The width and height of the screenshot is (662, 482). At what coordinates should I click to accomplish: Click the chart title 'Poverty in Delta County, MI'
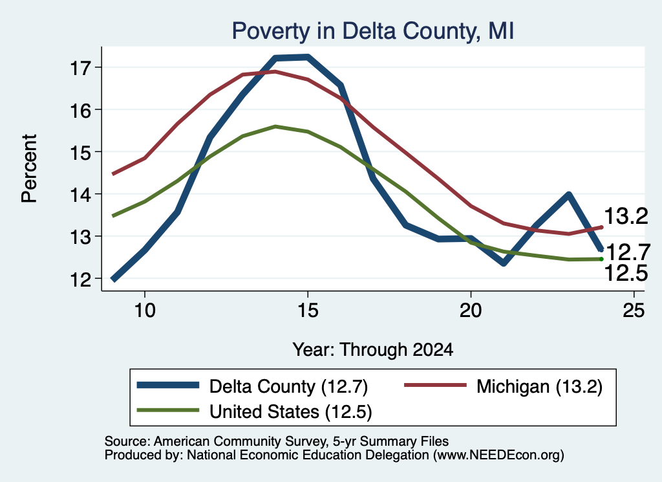(x=373, y=31)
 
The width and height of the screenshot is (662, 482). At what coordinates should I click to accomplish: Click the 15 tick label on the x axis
(x=308, y=311)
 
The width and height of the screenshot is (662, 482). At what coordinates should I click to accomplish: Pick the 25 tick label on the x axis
(x=634, y=311)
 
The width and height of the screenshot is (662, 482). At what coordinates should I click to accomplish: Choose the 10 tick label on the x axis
(x=145, y=311)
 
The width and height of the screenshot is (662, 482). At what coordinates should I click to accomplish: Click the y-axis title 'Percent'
(x=29, y=169)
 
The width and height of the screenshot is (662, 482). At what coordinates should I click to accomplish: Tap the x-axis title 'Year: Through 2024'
(x=373, y=350)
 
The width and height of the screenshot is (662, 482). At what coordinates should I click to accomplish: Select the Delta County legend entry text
(x=289, y=386)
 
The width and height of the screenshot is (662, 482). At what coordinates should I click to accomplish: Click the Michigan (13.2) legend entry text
(x=540, y=386)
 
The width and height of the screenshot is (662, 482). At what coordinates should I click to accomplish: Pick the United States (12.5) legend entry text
(x=291, y=412)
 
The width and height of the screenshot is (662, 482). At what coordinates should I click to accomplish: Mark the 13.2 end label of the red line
(x=626, y=216)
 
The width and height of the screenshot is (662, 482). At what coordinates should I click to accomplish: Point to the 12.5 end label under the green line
(x=626, y=273)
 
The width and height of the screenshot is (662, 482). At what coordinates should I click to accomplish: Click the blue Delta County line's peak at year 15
(x=308, y=57)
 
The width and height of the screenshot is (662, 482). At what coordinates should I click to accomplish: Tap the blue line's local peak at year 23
(x=568, y=194)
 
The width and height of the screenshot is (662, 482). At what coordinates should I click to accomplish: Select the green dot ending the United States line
(x=601, y=259)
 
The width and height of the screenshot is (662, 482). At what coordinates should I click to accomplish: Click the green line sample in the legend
(x=167, y=411)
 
